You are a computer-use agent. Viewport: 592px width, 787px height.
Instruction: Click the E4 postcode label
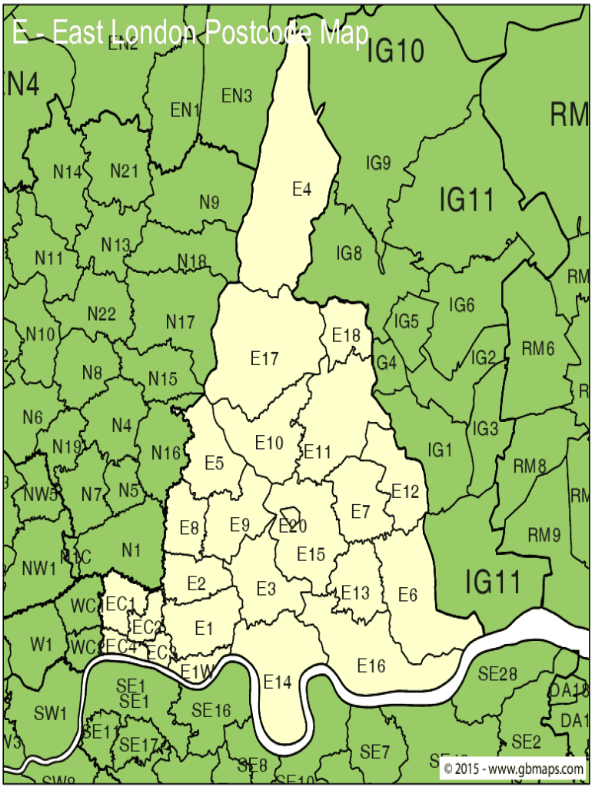pos(301,188)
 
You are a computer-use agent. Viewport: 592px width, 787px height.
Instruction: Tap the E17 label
pos(264,358)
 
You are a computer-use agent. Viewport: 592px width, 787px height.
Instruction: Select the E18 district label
pos(346,335)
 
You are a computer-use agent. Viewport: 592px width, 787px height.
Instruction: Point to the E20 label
pos(293,526)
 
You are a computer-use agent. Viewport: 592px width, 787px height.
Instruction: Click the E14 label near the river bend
pos(278,681)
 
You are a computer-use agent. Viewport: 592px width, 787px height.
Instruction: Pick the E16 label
pos(371,666)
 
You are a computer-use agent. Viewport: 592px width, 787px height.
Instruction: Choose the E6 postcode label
pos(407,594)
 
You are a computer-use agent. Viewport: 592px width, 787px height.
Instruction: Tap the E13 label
pos(355,593)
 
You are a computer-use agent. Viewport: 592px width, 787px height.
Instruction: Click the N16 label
pos(165,453)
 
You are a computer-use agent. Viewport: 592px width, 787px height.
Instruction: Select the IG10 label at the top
pos(394,51)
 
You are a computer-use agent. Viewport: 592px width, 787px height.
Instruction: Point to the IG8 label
pos(348,252)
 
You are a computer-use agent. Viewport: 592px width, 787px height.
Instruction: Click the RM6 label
pos(538,348)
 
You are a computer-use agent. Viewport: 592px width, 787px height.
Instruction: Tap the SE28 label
pos(497,674)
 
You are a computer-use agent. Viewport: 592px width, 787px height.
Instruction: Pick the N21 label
pos(124,171)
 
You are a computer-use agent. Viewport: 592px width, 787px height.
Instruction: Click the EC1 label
pos(121,604)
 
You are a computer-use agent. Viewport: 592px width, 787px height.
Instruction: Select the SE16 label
pos(211,711)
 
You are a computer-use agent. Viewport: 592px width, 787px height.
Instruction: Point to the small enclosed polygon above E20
pos(290,513)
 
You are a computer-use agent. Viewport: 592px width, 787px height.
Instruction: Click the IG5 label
pos(407,321)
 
